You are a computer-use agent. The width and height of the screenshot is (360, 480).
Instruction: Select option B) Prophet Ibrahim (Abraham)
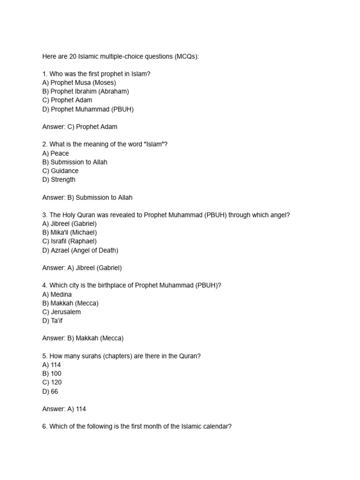point(85,91)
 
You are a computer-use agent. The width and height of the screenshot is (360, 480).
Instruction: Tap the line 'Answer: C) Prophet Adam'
point(80,127)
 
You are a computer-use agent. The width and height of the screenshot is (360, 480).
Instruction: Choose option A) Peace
point(55,153)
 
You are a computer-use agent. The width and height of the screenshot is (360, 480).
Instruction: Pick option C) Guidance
point(60,171)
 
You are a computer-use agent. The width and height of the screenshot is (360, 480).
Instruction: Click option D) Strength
point(59,180)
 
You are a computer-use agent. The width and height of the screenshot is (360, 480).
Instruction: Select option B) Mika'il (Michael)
point(69,232)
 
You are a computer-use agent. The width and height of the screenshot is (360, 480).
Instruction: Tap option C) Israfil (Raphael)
point(69,241)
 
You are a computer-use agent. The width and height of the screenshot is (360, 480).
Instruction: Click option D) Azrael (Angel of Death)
point(80,250)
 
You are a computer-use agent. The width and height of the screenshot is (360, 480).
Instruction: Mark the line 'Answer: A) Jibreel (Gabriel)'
point(82,268)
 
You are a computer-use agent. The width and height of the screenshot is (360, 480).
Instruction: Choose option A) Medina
point(57,294)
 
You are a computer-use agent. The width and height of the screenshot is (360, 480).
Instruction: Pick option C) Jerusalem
point(61,312)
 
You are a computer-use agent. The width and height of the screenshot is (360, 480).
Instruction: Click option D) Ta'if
point(52,321)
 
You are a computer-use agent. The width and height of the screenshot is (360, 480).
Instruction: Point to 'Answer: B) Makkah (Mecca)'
point(82,338)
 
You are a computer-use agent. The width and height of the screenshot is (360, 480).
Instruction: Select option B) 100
point(52,374)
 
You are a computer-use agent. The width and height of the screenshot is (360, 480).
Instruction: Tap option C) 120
point(52,382)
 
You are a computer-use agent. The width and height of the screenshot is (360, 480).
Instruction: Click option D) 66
point(50,391)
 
